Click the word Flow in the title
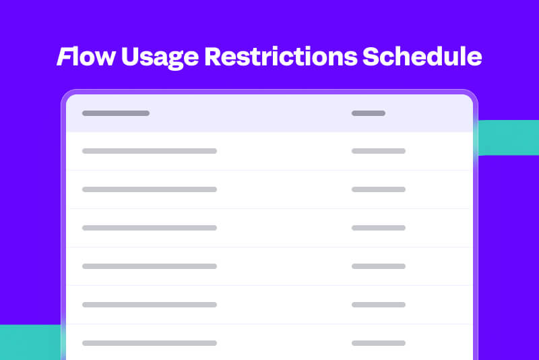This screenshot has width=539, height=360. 86,57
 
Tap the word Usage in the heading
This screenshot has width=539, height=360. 160,58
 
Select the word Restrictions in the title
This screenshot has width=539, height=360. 281,57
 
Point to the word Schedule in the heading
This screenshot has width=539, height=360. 422,57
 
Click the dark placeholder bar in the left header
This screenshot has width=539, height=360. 116,113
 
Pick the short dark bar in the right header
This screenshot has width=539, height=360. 368,113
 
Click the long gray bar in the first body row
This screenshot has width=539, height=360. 150,151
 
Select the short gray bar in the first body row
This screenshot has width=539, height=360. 379,151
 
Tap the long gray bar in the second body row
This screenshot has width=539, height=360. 150,189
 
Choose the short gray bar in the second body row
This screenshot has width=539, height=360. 379,189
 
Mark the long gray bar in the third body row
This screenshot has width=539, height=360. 150,228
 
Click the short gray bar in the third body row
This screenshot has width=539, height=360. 379,228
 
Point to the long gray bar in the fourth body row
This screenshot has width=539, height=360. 150,266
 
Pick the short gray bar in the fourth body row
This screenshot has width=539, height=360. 379,266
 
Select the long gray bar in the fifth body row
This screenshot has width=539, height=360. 150,305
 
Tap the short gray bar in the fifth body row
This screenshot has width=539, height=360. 379,305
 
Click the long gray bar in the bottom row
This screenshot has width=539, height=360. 150,343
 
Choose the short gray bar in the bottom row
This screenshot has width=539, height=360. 379,343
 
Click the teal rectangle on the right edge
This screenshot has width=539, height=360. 509,138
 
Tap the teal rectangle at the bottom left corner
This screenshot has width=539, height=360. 30,342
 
